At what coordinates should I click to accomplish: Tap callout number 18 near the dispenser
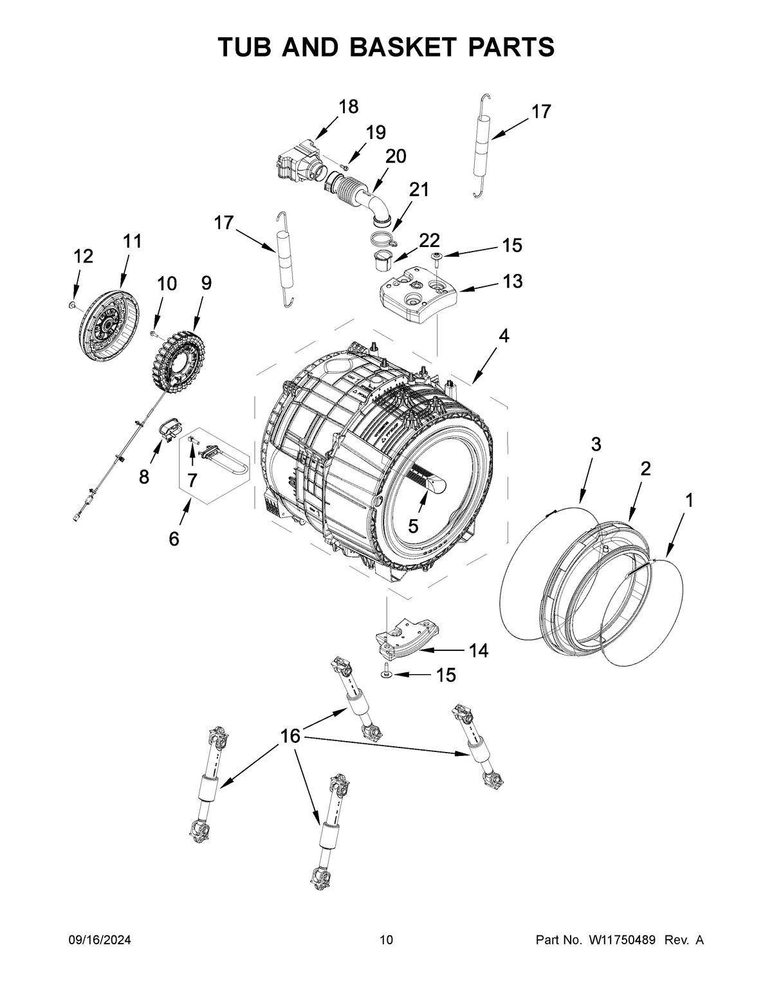click(348, 106)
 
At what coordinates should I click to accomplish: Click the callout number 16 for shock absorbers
click(291, 735)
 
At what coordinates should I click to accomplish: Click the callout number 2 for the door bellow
click(645, 468)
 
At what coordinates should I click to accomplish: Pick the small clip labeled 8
click(169, 429)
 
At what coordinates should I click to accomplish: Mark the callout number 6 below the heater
click(174, 539)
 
